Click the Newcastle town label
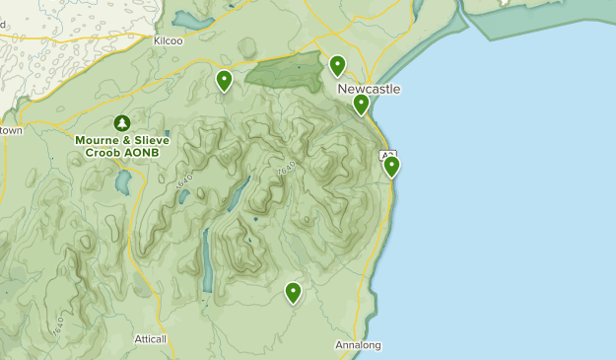tap(369, 89)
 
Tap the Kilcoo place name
tap(169, 40)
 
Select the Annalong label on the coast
tap(357, 345)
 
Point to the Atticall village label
tap(151, 338)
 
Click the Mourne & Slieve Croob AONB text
tap(121, 146)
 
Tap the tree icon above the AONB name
tap(121, 123)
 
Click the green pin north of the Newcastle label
tap(337, 66)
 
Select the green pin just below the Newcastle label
tap(361, 104)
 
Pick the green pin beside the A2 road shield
tap(391, 166)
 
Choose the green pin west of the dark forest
tap(225, 80)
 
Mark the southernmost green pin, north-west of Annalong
tap(293, 292)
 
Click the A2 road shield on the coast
tap(387, 155)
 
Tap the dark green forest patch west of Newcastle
tap(286, 71)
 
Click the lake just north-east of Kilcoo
tap(193, 20)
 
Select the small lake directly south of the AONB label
tap(122, 182)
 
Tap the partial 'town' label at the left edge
tap(10, 129)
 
